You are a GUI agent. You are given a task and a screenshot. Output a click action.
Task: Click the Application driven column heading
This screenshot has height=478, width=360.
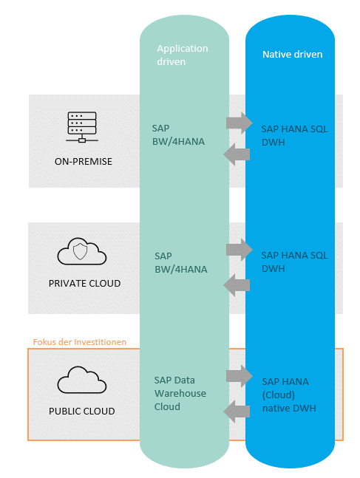[183, 55]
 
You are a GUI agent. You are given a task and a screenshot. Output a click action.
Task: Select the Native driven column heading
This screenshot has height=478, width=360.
[292, 54]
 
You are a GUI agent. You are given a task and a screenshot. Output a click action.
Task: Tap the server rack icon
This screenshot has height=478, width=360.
[82, 127]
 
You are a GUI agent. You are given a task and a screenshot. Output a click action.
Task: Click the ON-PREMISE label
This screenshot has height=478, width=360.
[84, 161]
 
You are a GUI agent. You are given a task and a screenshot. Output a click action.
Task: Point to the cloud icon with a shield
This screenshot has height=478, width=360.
[82, 251]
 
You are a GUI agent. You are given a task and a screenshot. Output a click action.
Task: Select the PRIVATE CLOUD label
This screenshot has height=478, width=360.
[84, 283]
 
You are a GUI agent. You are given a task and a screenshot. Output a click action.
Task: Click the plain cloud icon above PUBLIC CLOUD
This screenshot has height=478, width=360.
[82, 380]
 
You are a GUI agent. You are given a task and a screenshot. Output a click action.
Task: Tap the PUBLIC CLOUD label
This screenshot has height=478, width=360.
[82, 411]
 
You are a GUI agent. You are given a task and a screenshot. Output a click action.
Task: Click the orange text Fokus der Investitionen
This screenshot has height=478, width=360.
[80, 342]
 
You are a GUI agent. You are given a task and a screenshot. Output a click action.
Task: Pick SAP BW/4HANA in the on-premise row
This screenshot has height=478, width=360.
[178, 134]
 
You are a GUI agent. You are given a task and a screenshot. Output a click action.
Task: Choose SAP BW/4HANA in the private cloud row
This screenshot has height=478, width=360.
[180, 262]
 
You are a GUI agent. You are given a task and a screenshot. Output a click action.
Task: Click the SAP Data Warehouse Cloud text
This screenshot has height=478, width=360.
[180, 393]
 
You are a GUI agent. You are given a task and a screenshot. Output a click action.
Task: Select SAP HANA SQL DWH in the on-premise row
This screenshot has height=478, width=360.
[294, 135]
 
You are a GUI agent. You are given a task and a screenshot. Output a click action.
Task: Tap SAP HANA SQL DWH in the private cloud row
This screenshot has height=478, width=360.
[294, 262]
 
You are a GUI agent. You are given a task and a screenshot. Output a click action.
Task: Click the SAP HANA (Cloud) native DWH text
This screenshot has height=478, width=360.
[289, 395]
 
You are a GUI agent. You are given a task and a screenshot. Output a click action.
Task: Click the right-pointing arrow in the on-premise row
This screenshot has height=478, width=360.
[240, 123]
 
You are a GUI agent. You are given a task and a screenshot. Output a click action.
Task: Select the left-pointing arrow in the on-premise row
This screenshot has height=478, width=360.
[237, 154]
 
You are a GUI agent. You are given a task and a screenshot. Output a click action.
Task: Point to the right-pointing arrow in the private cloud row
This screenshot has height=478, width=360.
[240, 250]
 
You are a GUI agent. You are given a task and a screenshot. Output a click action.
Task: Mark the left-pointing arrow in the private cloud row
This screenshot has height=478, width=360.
[237, 285]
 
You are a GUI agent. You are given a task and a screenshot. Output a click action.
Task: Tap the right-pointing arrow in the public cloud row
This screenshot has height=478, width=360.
[240, 376]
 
